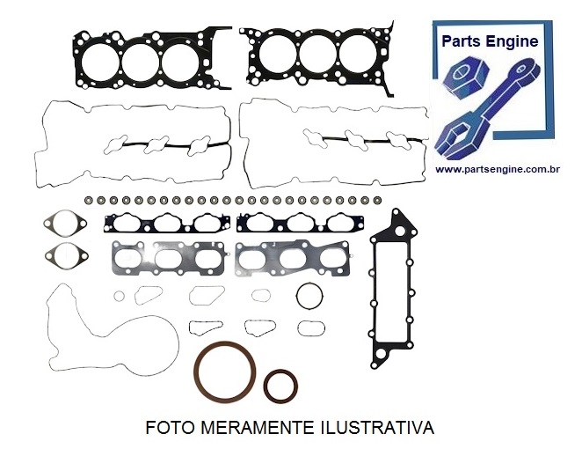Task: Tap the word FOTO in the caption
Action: pyautogui.click(x=170, y=428)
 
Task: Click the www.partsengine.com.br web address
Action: pyautogui.click(x=498, y=170)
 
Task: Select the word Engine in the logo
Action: pyautogui.click(x=513, y=41)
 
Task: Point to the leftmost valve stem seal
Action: pyautogui.click(x=88, y=201)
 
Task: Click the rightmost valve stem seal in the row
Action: pyautogui.click(x=377, y=201)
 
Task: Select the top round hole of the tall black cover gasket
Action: pyautogui.click(x=400, y=232)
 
